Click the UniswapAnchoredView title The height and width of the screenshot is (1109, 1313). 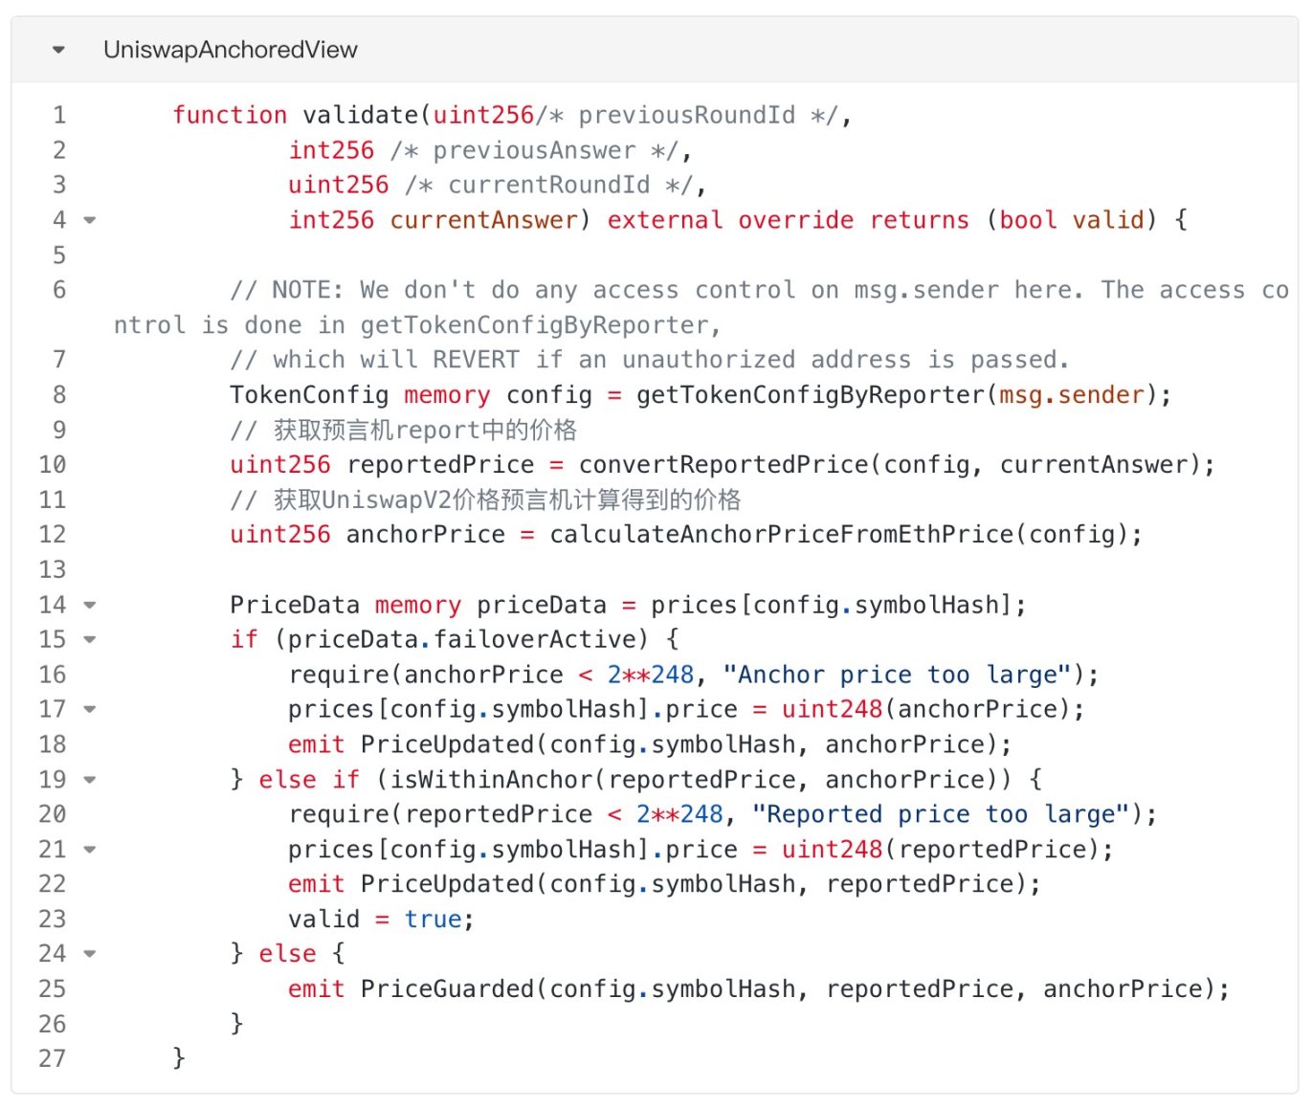230,50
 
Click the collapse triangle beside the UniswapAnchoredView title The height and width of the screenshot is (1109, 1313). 58,50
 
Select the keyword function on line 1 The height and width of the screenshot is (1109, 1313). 230,115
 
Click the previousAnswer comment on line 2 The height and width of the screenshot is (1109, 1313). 535,151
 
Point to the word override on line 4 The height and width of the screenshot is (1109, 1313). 795,220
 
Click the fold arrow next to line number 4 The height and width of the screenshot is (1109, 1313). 90,220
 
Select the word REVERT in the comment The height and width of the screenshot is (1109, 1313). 476,360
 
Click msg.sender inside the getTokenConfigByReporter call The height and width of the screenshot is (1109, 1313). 1072,395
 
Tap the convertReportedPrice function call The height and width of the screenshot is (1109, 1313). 723,465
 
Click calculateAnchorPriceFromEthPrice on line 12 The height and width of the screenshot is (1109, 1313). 782,534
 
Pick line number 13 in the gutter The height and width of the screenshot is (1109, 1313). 53,569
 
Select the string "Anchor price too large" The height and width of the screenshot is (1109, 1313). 897,675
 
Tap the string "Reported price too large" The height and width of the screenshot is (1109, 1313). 940,814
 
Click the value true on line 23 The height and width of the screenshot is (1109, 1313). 433,920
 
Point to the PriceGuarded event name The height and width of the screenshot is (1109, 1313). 447,989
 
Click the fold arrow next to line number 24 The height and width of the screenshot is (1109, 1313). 90,954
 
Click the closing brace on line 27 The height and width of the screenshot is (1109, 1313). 179,1058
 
